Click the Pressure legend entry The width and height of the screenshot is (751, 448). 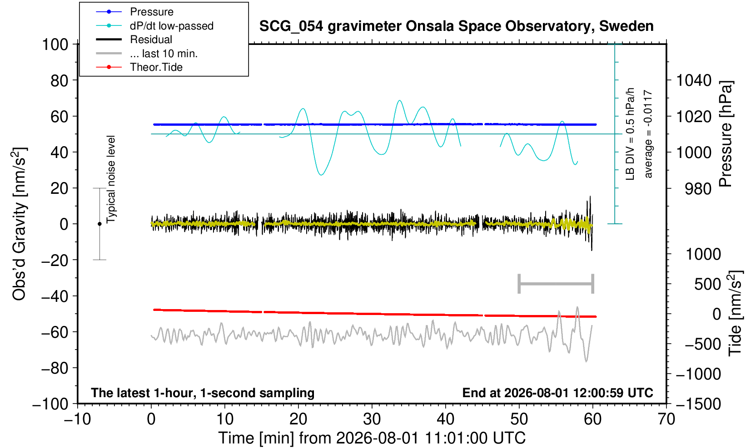[x=152, y=12]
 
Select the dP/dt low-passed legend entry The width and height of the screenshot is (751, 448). [x=172, y=26]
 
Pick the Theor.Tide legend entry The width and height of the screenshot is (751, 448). [x=156, y=67]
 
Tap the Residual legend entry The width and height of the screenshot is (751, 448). [x=151, y=39]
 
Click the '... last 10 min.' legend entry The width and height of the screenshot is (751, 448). [x=164, y=54]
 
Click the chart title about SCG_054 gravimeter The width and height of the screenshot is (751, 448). [x=456, y=26]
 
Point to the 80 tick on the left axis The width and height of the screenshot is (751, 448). [x=60, y=80]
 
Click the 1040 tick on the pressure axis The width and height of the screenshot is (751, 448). [x=694, y=80]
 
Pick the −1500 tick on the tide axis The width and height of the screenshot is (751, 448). [x=698, y=404]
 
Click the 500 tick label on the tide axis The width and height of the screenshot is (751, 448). [x=707, y=284]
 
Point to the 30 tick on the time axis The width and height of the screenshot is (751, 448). [x=372, y=419]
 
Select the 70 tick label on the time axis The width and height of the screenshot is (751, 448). [x=666, y=419]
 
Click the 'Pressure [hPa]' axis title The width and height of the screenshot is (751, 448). [x=726, y=134]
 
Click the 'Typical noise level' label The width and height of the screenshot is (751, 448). [x=111, y=180]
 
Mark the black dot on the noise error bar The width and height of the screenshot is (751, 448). [x=99, y=224]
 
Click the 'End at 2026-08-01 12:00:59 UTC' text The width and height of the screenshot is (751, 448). [x=557, y=393]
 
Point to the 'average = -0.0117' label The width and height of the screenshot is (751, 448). [x=648, y=134]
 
